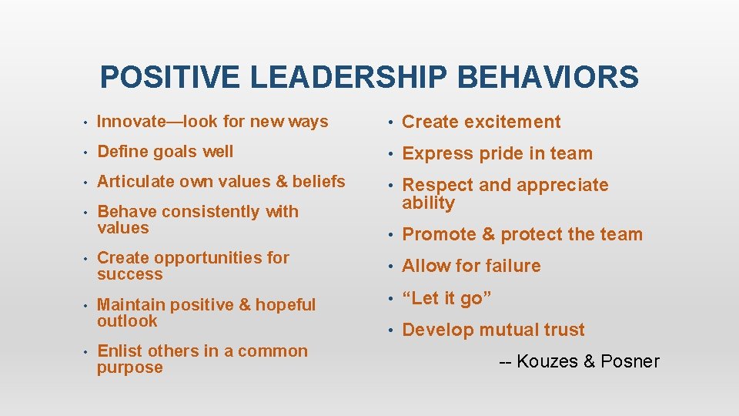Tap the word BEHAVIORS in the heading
coord(547,78)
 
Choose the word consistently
coord(209,212)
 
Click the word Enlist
coord(120,351)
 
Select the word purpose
coord(130,368)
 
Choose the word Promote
coord(439,234)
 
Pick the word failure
coord(512,266)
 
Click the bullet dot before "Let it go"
coord(391,298)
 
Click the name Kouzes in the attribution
coord(549,361)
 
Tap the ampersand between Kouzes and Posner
coord(590,361)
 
